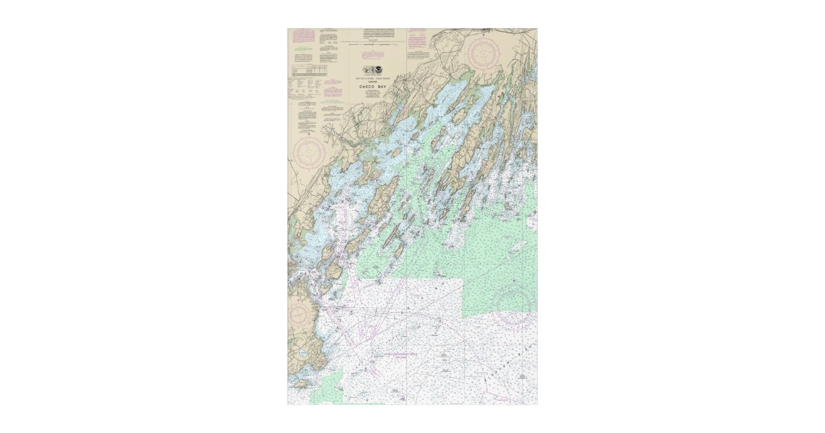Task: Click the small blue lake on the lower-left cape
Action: [303, 352]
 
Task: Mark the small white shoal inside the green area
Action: [518, 245]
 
